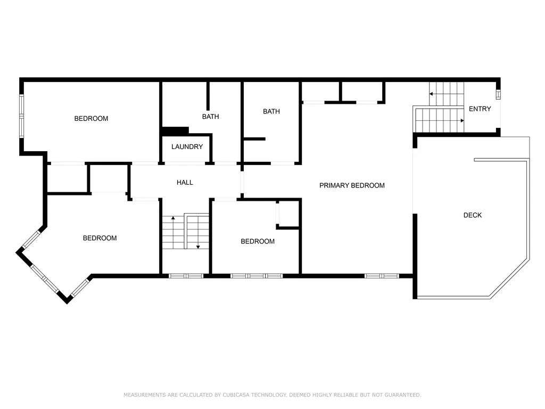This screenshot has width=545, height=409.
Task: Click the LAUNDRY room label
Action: (x=187, y=147)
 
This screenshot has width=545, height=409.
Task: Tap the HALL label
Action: (x=185, y=182)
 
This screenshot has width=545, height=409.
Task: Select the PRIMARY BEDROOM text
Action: (x=352, y=185)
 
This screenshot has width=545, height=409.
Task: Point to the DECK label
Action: (x=473, y=215)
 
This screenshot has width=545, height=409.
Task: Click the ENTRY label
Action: (x=480, y=109)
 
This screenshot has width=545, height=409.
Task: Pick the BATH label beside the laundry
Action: (x=210, y=117)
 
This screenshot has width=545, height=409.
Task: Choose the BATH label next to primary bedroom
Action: (x=271, y=111)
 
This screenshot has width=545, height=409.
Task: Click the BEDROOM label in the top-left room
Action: (x=91, y=119)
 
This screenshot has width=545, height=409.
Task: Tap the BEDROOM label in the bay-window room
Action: (x=100, y=238)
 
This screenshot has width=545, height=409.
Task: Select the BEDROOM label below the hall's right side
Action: (x=258, y=241)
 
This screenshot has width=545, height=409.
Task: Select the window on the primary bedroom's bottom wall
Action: (x=382, y=276)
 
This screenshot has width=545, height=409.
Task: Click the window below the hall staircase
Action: (x=186, y=276)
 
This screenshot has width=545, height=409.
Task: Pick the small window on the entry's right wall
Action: (x=498, y=94)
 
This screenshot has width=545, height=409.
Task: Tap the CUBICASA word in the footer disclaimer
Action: (x=236, y=395)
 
